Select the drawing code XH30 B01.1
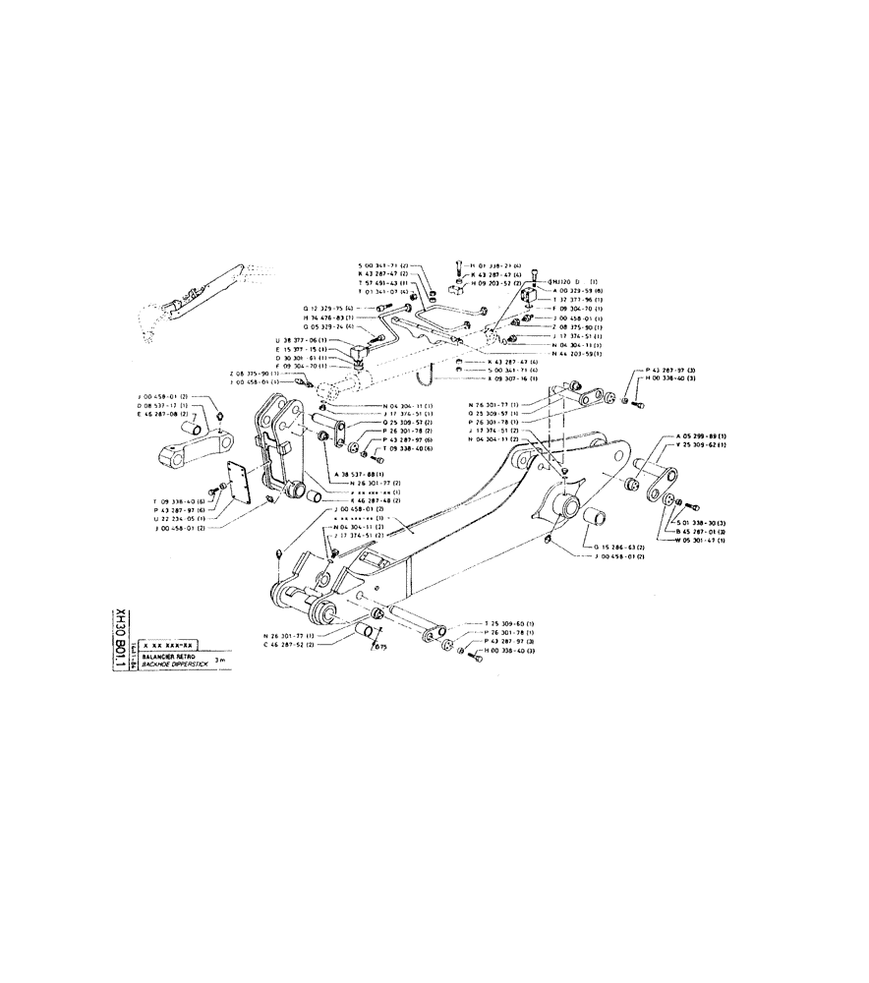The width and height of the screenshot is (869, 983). coord(121,638)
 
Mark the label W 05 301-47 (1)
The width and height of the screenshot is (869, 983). coord(701,541)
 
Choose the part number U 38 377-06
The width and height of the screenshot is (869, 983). coord(300,339)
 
